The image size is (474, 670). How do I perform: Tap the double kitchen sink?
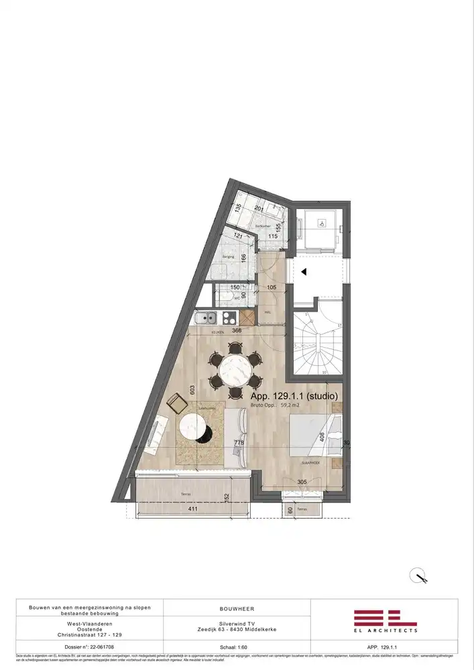click(x=207, y=318)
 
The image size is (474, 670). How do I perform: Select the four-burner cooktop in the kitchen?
click(x=229, y=318)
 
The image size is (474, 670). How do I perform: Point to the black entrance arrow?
click(x=303, y=272)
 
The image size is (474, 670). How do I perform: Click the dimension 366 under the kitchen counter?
click(x=236, y=330)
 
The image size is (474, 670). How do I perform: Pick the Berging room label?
click(x=228, y=256)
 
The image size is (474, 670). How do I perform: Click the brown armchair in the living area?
click(x=177, y=403)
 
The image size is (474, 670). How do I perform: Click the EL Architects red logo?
click(x=385, y=619)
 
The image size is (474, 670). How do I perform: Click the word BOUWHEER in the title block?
click(x=236, y=609)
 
